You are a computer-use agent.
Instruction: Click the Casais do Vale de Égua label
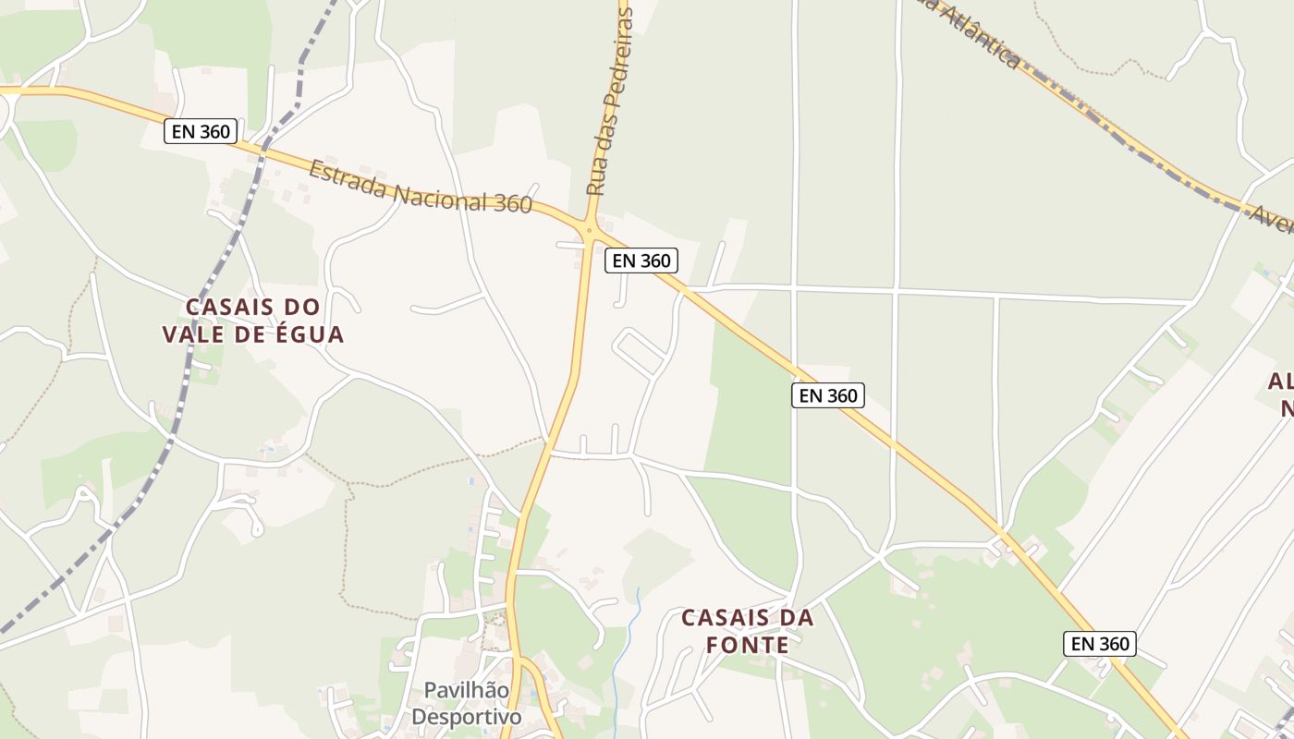coord(253,320)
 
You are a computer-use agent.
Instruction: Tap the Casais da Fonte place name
coord(748,631)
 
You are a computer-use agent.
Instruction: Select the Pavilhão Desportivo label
coord(466,703)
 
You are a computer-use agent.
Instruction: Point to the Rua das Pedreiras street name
coord(611,102)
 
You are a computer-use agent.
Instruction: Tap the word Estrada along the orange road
coord(349,178)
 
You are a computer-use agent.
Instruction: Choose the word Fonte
coord(748,645)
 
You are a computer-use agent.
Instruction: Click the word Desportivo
coord(466,717)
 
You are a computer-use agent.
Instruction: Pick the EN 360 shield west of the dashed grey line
coord(201,131)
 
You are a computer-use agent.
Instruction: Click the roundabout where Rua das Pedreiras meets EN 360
coord(589,228)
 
